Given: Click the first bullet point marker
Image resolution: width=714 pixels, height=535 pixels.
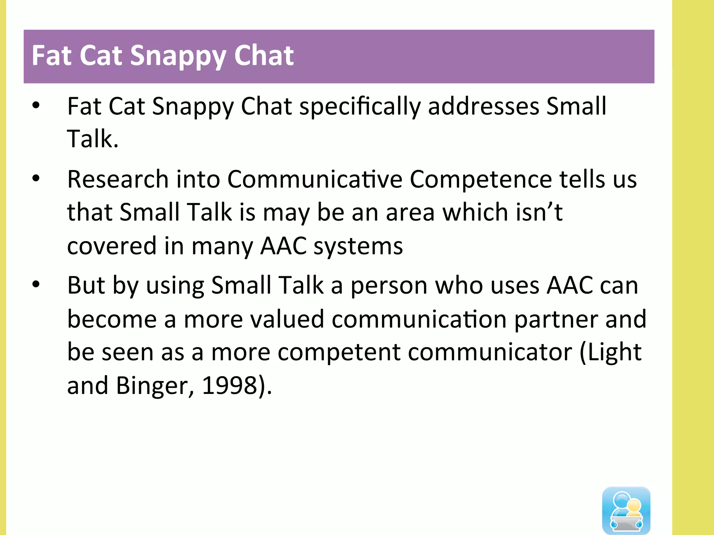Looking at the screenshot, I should coord(36,105).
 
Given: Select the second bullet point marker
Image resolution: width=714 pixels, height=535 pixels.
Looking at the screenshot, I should coord(36,178).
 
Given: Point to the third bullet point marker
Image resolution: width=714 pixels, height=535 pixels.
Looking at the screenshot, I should coord(36,285).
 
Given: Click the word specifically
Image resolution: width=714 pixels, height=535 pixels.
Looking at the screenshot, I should coord(360,107).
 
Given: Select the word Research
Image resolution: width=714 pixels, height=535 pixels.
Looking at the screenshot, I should coord(118,179).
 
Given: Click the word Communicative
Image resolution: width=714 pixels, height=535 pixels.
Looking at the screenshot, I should coord(315,179).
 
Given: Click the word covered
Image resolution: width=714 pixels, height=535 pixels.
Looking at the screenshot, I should coord(112,246).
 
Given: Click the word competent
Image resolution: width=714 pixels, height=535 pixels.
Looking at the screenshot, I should coord(339,352).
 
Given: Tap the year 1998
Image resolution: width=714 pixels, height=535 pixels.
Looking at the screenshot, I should coord(229,385).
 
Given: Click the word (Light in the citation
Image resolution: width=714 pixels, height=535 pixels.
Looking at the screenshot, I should coord(610,352).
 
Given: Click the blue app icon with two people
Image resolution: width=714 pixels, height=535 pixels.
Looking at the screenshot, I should coord(626,510).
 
